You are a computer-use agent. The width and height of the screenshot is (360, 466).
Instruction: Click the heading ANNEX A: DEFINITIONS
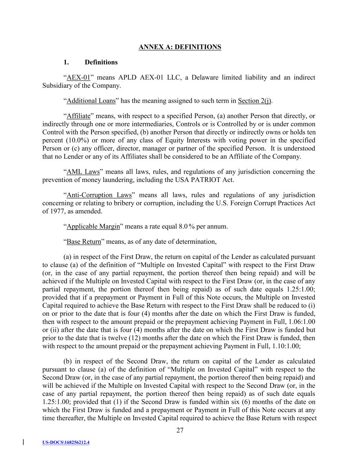point(180,47)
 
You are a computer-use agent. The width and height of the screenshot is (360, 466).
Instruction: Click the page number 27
point(180,430)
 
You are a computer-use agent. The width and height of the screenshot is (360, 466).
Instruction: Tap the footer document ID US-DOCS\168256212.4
point(66,443)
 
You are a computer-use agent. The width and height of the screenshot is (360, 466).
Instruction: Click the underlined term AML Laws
point(83,172)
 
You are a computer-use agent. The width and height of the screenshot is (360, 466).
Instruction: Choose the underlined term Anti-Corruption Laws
point(99,195)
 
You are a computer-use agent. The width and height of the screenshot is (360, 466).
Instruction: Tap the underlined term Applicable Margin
point(93,227)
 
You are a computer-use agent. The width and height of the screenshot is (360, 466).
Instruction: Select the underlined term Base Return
point(84,242)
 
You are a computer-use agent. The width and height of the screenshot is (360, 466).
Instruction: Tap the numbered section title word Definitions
point(101,62)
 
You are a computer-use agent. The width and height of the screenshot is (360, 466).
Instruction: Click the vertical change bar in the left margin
point(23,442)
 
